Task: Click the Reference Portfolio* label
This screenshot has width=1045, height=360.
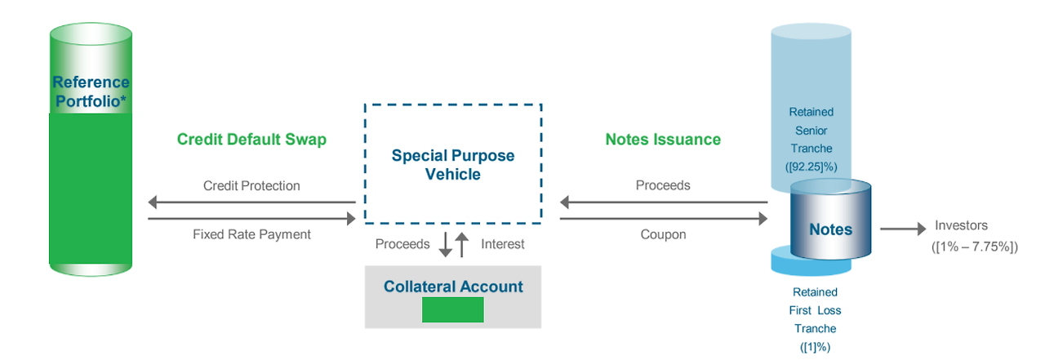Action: click(91, 91)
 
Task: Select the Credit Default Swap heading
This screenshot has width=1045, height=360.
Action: click(251, 140)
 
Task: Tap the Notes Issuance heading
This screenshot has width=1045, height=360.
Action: click(663, 140)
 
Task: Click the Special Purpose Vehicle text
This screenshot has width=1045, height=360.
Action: click(453, 164)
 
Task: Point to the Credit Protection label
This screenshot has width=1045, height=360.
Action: click(251, 186)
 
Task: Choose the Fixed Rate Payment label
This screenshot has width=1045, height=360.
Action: click(251, 234)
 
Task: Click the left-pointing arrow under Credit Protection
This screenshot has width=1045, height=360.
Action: click(251, 202)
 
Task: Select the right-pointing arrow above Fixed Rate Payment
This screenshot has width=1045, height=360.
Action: click(251, 218)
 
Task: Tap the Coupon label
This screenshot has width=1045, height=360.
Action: click(663, 234)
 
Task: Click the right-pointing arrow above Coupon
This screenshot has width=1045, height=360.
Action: click(663, 218)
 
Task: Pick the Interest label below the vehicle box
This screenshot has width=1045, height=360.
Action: click(503, 244)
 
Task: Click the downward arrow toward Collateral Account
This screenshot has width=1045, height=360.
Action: click(446, 244)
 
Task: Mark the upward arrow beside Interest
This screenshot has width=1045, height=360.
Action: click(462, 244)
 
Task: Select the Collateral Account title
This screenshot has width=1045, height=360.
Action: click(453, 287)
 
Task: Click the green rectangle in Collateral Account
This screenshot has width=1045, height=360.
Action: click(453, 309)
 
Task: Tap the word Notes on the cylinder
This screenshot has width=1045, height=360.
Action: click(830, 229)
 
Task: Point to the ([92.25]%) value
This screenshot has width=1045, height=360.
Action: click(811, 167)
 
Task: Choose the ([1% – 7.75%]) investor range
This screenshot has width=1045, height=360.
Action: click(974, 246)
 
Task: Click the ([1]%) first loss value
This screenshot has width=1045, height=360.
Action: click(815, 347)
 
